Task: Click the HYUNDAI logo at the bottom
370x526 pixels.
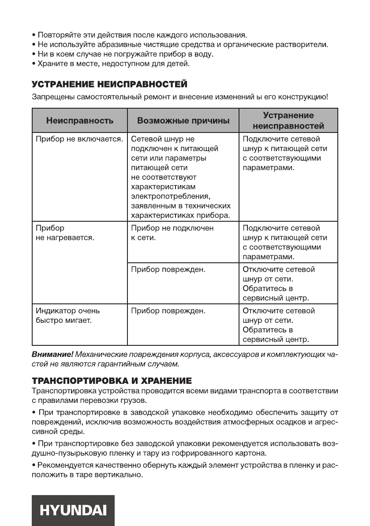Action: pos(73,510)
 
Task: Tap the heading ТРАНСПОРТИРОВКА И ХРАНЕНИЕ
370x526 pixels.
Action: pos(112,380)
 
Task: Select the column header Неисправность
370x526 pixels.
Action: pos(80,120)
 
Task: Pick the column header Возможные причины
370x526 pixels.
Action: pos(183,120)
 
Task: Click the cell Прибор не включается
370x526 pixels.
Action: pos(78,139)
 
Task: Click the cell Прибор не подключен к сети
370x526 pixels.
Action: pos(172,233)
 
